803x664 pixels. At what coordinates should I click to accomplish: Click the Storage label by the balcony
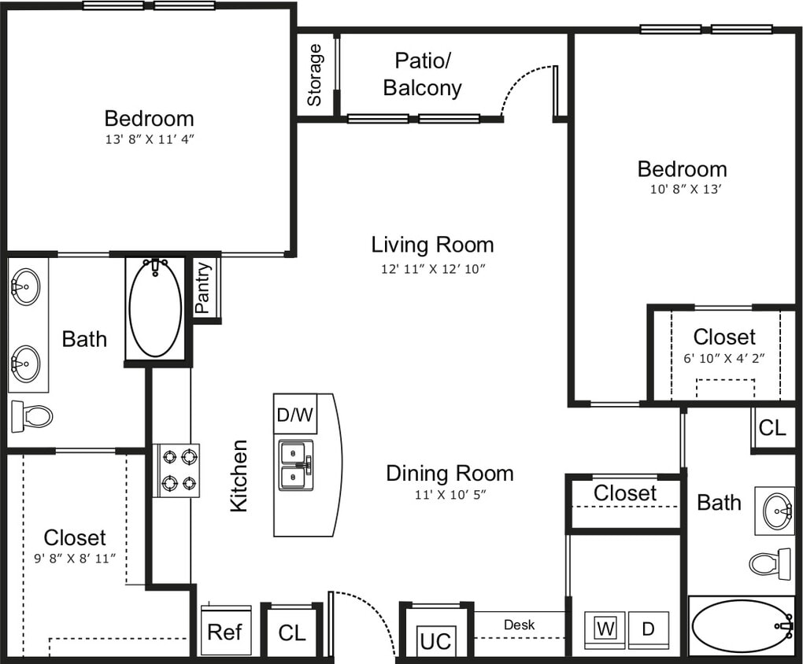coord(315,75)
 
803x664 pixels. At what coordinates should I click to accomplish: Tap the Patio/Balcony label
coord(423,74)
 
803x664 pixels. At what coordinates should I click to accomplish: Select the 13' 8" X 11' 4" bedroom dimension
coord(149,139)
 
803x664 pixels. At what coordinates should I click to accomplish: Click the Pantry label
coord(204,287)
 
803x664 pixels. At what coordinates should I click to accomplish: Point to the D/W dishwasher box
coord(295,414)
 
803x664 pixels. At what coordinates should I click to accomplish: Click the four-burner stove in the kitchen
coord(176,470)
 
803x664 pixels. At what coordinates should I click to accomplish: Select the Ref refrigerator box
coord(225,632)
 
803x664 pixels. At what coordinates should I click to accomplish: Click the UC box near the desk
coord(435,640)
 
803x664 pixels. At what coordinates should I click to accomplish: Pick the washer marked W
coord(605,629)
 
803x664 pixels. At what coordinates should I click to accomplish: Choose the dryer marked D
coord(649,629)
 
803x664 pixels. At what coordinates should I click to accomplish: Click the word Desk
coord(520,625)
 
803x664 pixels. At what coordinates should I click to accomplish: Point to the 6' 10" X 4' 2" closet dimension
coord(724,357)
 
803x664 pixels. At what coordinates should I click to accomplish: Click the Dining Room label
coord(450,473)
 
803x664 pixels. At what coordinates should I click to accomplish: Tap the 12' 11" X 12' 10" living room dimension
coord(433,268)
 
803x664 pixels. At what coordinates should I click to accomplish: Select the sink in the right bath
coord(778,511)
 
